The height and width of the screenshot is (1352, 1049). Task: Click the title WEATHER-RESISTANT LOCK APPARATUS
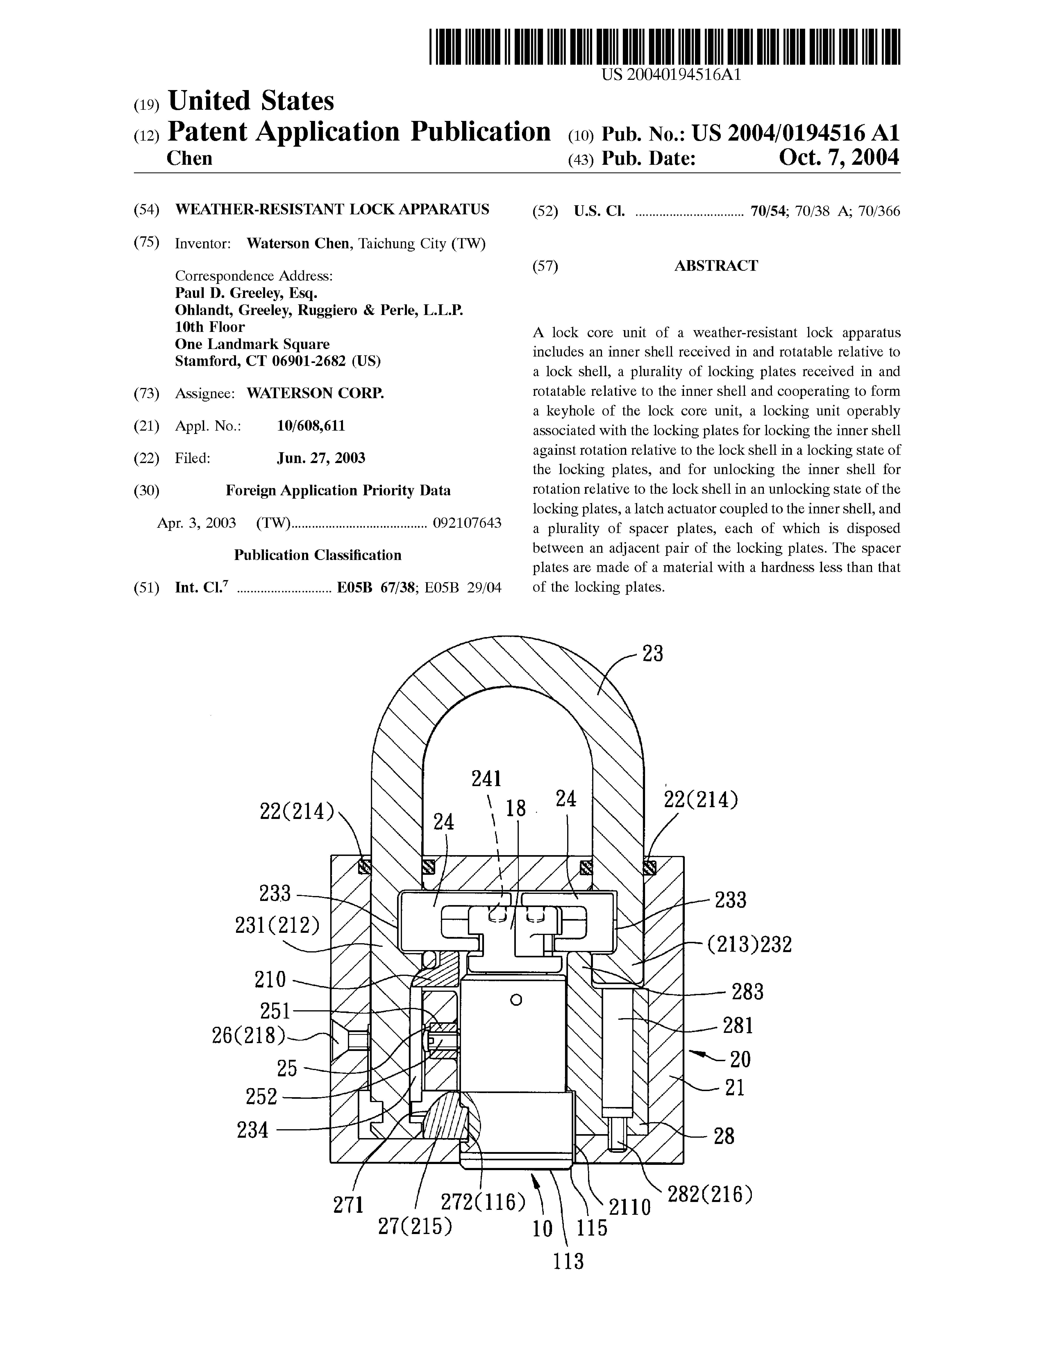332,209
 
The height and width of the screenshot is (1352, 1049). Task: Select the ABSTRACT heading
716,266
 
